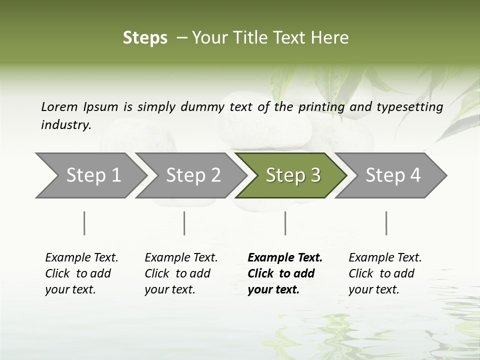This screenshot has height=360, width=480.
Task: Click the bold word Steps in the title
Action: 145,38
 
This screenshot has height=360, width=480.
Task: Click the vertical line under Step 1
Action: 84,223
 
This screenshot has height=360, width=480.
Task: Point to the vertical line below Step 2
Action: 184,223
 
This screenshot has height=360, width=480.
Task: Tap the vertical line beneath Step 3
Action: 285,223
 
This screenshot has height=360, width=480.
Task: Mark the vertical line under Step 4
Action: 386,223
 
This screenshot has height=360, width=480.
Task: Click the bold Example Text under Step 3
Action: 285,258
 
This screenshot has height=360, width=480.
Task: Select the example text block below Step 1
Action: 81,273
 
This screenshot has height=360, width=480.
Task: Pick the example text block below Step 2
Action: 181,273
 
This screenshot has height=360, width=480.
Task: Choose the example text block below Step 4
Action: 385,273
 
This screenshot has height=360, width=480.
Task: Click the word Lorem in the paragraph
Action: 59,107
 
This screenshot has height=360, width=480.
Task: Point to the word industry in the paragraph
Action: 65,125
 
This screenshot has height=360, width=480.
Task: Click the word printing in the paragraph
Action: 320,107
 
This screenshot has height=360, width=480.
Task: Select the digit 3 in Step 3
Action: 315,175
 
